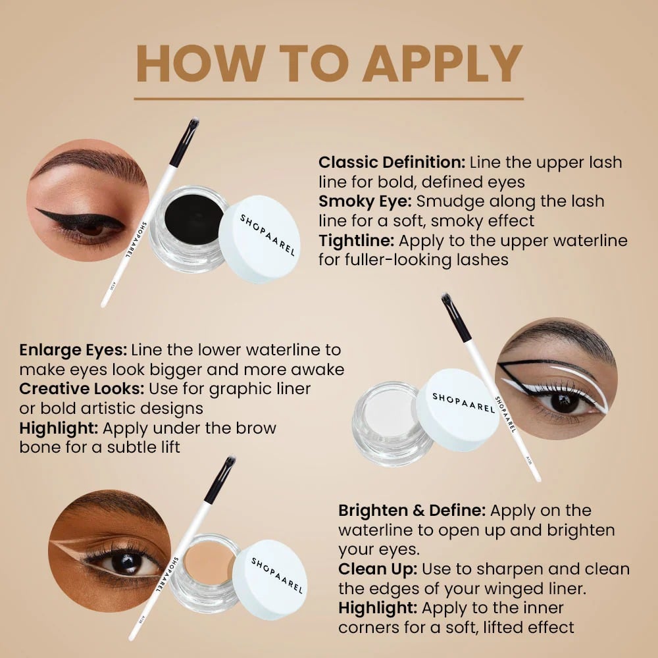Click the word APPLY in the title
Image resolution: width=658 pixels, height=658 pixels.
pyautogui.click(x=442, y=63)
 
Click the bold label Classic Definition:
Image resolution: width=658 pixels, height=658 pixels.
pyautogui.click(x=392, y=163)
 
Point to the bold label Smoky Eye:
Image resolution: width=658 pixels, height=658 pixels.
pyautogui.click(x=365, y=201)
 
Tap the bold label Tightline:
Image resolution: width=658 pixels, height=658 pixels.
pyautogui.click(x=356, y=241)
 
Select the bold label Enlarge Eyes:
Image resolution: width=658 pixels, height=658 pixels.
pyautogui.click(x=73, y=350)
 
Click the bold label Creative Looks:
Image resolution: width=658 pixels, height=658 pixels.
pyautogui.click(x=82, y=389)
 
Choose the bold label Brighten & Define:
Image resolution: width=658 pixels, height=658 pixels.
pyautogui.click(x=412, y=511)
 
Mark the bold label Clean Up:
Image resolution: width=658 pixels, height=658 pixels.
pyautogui.click(x=378, y=569)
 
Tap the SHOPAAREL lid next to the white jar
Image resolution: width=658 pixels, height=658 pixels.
pyautogui.click(x=457, y=409)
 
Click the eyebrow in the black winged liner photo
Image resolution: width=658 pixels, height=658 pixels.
pyautogui.click(x=90, y=162)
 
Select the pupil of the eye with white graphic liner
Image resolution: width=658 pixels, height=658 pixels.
pyautogui.click(x=563, y=401)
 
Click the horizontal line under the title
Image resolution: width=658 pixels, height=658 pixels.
pyautogui.click(x=328, y=99)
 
